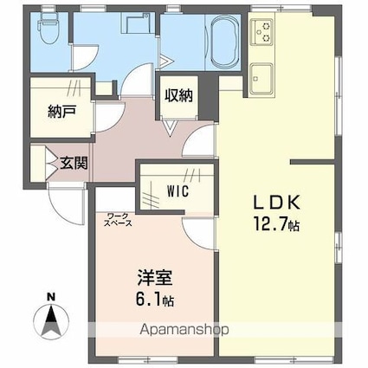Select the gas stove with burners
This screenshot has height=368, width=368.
point(261,32)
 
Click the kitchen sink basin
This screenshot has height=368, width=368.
point(261,79)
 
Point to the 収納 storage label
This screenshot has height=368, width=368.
point(178,95)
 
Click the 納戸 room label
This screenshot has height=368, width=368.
point(61,111)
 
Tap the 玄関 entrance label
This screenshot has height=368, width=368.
point(74,164)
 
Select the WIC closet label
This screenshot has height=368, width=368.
point(178,190)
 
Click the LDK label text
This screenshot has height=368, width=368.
point(277,203)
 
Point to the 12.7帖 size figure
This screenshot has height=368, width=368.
point(276,224)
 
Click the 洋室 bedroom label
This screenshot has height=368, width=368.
point(154,278)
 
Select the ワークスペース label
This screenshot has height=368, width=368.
point(118,219)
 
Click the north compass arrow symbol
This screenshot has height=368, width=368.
point(51,321)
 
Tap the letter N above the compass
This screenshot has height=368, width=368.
point(51,297)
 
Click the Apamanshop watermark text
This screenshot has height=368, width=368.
point(184,329)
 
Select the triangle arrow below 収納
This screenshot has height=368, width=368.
point(170,127)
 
